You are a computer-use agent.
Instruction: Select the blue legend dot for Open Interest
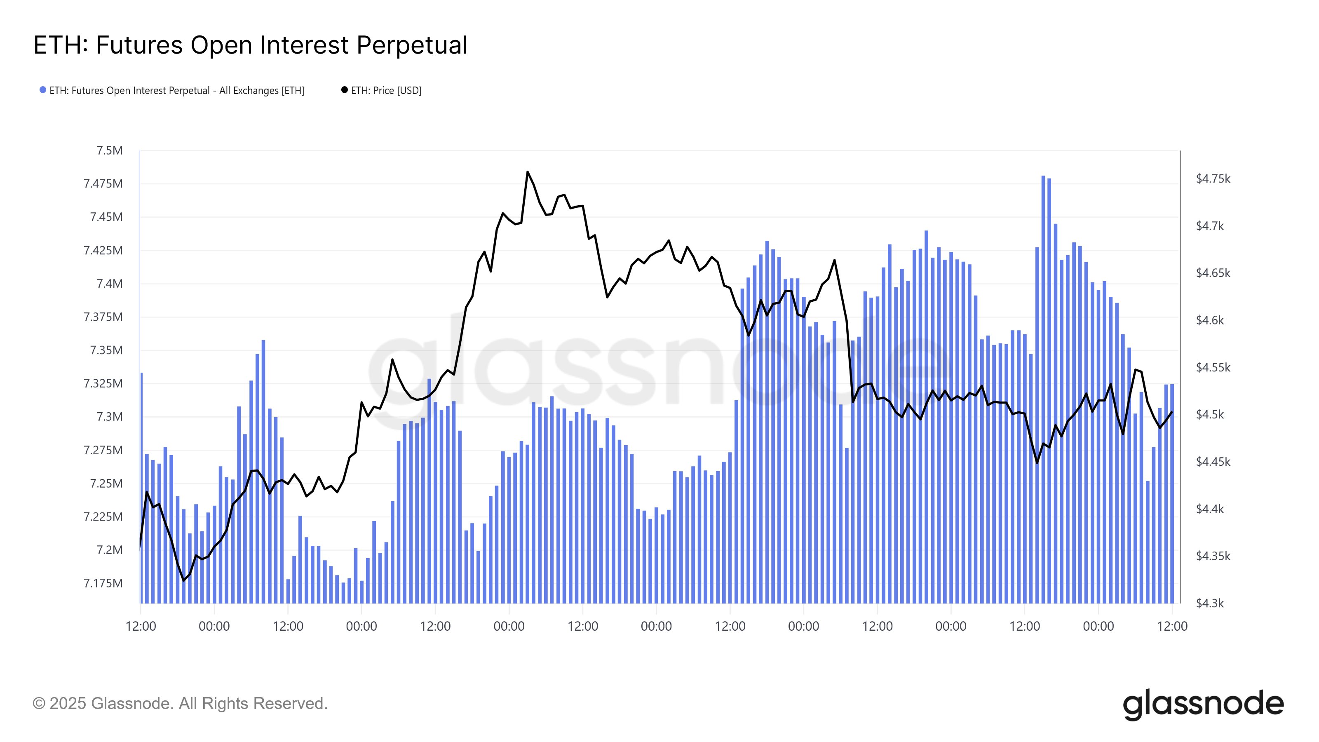43,90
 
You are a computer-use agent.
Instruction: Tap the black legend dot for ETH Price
345,90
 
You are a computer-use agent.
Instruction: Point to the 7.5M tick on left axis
110,150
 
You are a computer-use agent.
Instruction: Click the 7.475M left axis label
103,184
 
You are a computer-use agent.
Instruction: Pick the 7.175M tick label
103,583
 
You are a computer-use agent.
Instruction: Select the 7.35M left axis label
106,350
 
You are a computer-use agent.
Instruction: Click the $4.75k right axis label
1213,179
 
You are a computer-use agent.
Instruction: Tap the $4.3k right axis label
1209,603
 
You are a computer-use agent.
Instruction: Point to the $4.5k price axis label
1209,414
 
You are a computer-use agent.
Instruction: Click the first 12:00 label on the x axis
141,626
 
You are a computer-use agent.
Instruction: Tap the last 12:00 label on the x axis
1172,626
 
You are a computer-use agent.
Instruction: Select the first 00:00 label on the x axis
214,626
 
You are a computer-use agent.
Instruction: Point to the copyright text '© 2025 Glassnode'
180,704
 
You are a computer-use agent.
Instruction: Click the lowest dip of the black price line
184,580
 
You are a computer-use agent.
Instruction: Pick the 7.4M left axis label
110,284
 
